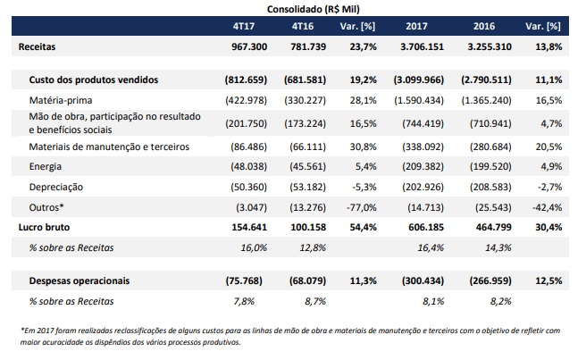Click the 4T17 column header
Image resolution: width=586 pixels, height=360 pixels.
244,26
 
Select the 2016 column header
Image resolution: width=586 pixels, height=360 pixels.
484,26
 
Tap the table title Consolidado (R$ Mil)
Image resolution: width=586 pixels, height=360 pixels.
314,9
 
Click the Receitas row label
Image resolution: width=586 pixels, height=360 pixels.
37,46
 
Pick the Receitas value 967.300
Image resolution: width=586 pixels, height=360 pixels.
249,46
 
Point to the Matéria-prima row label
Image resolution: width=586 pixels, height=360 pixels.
61,100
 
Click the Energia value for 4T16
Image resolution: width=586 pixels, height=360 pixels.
307,166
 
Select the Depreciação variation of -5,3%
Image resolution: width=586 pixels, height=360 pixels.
364,187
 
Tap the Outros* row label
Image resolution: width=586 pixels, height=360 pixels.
46,207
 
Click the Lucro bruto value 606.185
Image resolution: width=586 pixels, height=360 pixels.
426,227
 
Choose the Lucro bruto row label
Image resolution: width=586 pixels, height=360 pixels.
44,227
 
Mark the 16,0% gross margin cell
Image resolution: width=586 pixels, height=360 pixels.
254,247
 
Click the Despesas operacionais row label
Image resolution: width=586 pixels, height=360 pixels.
80,280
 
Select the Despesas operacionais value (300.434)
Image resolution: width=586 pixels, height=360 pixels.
423,280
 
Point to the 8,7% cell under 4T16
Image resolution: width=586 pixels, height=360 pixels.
315,301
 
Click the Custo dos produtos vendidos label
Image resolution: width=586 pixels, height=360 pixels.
94,80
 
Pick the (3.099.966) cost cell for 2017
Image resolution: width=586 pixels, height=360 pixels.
419,80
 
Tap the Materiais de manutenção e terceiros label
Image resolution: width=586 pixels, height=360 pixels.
109,147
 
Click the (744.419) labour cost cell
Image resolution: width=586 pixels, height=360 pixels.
423,123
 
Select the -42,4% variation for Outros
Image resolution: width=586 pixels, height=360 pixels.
547,207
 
